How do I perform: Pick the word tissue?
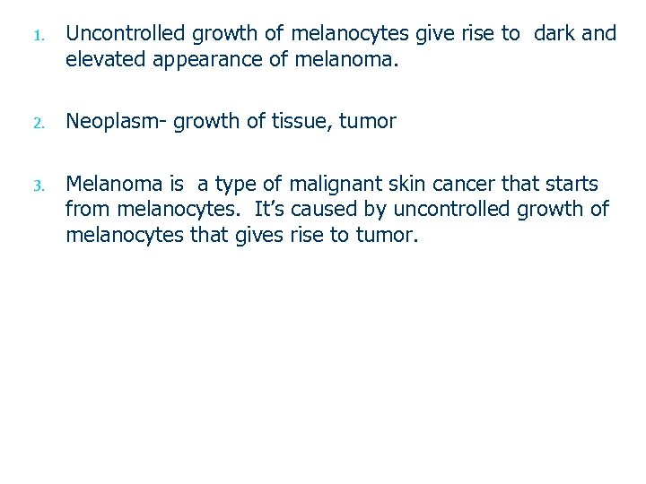point(299,122)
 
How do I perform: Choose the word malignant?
point(348,186)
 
